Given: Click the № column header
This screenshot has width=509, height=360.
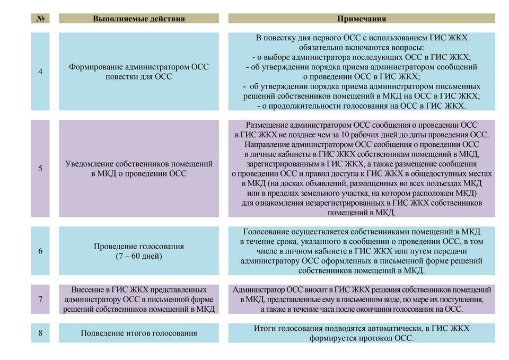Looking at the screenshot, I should click(x=40, y=19).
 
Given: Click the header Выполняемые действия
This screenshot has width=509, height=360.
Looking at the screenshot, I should click(x=139, y=19).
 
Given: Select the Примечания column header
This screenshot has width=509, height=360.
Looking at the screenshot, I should click(x=362, y=19).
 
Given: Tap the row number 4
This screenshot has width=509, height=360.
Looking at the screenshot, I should click(x=40, y=72).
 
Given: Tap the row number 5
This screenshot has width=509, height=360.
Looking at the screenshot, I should click(x=40, y=169).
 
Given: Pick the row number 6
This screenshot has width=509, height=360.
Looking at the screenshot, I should click(x=40, y=251).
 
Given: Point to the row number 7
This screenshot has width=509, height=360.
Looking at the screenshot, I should click(x=40, y=300).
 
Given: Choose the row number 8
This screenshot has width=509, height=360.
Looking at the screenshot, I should click(x=40, y=333).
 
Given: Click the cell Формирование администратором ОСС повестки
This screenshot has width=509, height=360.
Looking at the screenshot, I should click(x=139, y=72).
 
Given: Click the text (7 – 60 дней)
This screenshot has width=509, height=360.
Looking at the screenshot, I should click(x=139, y=256).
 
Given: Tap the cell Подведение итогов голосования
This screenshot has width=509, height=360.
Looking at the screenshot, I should click(x=139, y=333).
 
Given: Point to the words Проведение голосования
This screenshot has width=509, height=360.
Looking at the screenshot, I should click(x=139, y=247).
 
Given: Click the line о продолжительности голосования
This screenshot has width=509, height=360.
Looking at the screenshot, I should click(x=362, y=106).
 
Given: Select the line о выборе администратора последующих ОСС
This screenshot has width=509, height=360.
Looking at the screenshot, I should click(x=362, y=57).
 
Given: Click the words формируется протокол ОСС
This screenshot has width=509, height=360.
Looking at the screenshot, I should click(x=362, y=338).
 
